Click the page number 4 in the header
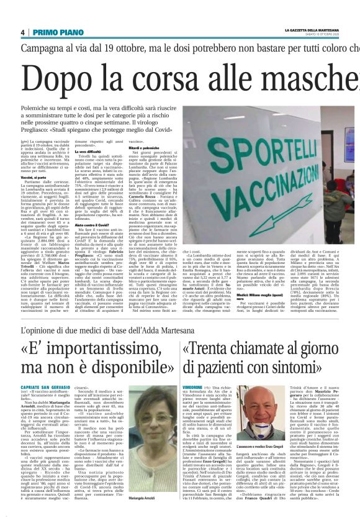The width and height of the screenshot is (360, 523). [x=22, y=32]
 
